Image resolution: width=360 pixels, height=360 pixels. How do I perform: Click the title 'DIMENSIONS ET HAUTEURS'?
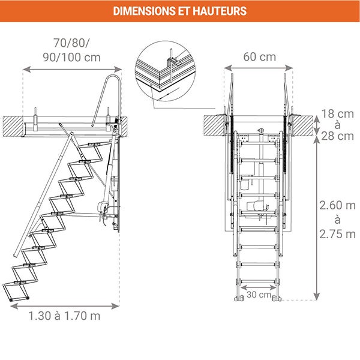(179, 11)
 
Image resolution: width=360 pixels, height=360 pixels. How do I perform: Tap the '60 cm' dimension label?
(260, 57)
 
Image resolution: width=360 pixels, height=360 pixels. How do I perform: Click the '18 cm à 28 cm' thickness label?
(337, 124)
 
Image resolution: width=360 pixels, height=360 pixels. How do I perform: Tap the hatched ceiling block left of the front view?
(214, 124)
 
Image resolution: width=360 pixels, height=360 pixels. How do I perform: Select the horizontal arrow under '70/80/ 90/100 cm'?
(72, 70)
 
